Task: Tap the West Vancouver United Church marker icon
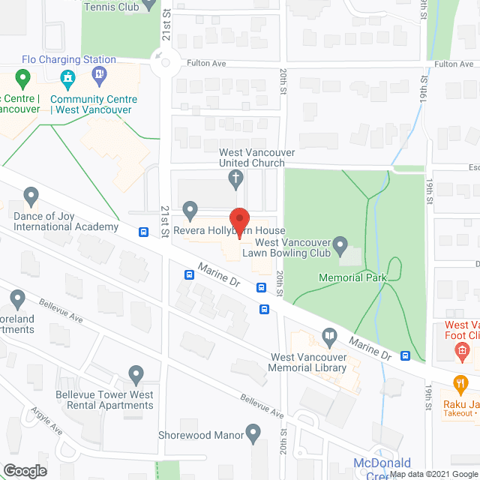point(235,178)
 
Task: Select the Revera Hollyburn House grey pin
point(190,210)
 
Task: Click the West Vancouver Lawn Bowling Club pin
point(340,243)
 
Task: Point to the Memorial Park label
point(352,277)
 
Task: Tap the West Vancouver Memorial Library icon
point(328,335)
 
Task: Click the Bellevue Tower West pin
point(136,373)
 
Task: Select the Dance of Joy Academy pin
point(31,197)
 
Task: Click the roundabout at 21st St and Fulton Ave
point(160,63)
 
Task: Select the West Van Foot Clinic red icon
point(463,349)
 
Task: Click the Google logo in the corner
point(24,470)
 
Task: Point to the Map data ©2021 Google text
point(433,474)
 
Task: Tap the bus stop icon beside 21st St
point(143,232)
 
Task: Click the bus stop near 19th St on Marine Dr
point(405,355)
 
